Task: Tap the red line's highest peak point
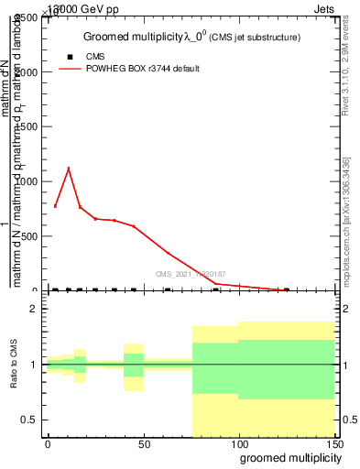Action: (68, 168)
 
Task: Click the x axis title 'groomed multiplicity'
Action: (286, 457)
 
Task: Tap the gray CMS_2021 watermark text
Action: (190, 273)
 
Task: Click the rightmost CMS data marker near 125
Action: (286, 289)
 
